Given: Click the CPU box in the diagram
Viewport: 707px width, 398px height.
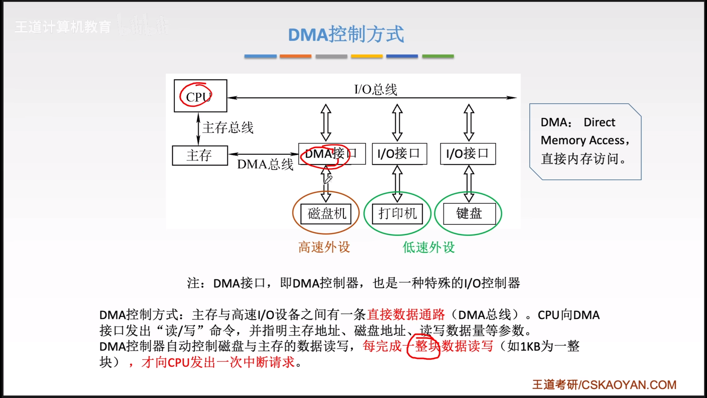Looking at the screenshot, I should tap(200, 96).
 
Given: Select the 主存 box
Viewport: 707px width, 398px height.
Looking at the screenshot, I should tap(200, 155).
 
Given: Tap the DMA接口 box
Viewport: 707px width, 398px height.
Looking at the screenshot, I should tap(332, 154).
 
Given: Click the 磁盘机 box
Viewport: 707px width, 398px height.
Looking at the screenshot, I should tap(326, 214).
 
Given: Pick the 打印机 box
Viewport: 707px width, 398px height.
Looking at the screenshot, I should tap(397, 214).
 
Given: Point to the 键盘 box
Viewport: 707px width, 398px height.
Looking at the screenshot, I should tap(469, 214).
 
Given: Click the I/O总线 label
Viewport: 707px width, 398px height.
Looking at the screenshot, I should tap(376, 90).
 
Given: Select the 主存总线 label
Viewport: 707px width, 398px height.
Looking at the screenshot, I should tap(228, 128).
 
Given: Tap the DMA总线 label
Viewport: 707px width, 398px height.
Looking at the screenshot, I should tap(265, 164).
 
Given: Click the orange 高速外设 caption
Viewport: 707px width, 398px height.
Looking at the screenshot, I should tap(324, 247).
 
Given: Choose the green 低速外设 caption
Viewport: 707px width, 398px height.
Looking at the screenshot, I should tap(429, 247).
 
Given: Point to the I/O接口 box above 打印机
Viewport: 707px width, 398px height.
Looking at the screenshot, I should tap(399, 154).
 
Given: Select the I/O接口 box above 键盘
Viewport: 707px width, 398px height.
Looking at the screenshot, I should tap(468, 154).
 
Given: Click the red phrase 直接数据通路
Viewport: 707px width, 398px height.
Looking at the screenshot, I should tap(406, 315).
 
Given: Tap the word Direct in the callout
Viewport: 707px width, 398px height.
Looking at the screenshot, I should tap(599, 122).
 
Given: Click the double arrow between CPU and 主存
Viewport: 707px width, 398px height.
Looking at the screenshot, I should tap(198, 129).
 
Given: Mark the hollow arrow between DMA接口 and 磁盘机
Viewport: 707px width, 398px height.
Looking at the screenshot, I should tap(326, 184).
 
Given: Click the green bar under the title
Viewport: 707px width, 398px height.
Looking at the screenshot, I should tap(438, 56).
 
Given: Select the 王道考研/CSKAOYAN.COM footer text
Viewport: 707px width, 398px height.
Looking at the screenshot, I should tap(604, 385).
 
